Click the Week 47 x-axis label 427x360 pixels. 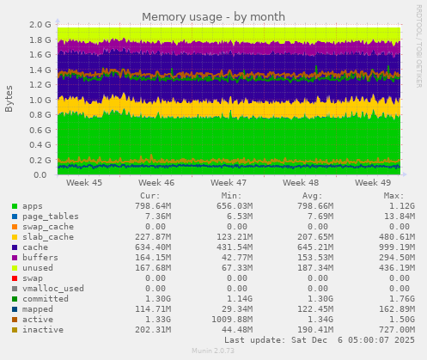click(x=229, y=183)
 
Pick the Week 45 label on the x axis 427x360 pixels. click(x=84, y=183)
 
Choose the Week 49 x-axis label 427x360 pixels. click(x=373, y=183)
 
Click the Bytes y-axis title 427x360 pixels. click(x=9, y=99)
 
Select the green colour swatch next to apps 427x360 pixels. click(x=14, y=206)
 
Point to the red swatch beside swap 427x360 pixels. click(x=14, y=278)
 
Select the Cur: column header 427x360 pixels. click(x=149, y=195)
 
